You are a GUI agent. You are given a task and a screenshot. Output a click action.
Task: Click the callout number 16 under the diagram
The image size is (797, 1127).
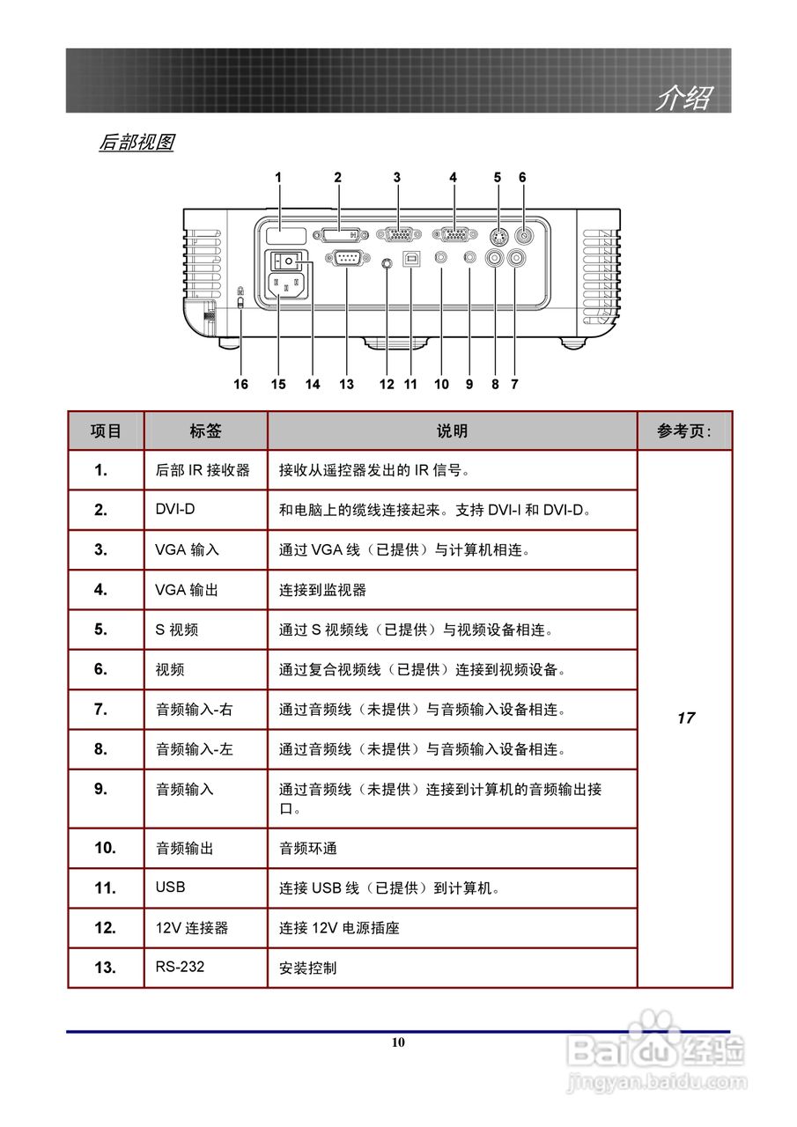[240, 384]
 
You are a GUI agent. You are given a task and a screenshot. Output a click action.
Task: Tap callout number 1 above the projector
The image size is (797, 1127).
[278, 177]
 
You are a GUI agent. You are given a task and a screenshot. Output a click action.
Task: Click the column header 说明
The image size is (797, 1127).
[452, 431]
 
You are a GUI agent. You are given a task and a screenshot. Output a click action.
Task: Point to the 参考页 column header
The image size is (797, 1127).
[683, 431]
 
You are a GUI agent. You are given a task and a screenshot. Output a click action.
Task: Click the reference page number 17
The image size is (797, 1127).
[685, 718]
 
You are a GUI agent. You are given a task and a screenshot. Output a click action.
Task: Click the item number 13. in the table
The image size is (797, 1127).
[105, 968]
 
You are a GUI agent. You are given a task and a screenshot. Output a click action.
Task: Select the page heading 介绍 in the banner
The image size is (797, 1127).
[683, 98]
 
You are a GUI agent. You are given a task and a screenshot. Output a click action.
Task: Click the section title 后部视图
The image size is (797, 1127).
[136, 142]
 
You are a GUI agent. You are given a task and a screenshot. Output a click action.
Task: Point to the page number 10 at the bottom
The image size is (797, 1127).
[398, 1042]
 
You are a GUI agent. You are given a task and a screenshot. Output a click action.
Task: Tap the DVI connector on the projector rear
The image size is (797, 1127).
[339, 235]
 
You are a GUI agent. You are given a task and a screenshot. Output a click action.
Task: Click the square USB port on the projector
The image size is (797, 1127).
[411, 259]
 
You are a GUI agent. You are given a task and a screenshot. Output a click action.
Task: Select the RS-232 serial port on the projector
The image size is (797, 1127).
[342, 258]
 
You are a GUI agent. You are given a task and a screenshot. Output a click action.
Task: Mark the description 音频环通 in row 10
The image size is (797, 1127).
[308, 849]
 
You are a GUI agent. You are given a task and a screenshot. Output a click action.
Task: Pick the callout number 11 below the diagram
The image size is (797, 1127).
[410, 384]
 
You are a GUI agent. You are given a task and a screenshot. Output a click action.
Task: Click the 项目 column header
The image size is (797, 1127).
[106, 431]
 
